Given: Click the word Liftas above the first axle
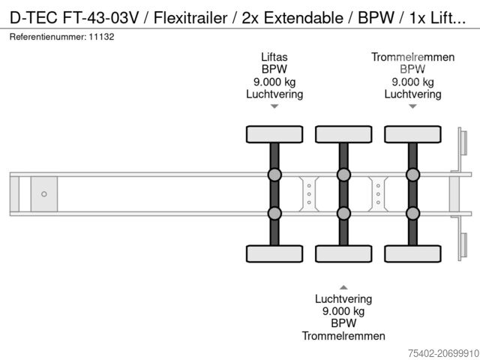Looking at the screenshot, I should (274, 57).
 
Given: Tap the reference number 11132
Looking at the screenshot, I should (101, 36).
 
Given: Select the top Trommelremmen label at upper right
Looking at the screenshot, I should (412, 57).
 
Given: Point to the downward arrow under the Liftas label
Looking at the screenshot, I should (274, 106).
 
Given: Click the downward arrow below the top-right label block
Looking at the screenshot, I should (412, 106).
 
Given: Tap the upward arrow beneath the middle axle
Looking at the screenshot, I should (343, 286).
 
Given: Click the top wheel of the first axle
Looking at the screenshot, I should (274, 134).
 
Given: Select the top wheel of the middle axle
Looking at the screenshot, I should (343, 134).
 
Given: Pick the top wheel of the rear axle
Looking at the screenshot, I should (412, 134).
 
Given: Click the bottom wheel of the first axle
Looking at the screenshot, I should (274, 253).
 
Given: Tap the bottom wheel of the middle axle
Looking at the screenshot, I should (343, 253).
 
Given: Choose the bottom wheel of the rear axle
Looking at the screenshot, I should (412, 253).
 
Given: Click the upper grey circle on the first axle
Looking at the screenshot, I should (274, 175).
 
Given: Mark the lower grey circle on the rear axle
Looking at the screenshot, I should (412, 213).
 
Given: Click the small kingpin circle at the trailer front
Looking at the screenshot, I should (43, 194).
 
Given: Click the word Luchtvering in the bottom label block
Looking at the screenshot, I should (343, 298).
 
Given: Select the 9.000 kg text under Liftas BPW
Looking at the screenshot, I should (274, 82).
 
